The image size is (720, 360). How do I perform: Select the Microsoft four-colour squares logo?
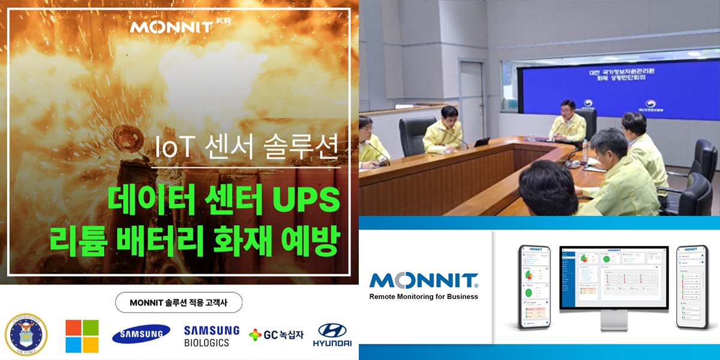(82, 336)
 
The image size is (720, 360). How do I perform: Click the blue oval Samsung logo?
(141, 334)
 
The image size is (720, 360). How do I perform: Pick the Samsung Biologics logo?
(211, 336)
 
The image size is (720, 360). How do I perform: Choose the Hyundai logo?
(332, 335)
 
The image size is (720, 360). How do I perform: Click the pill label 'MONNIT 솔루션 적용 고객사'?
(178, 302)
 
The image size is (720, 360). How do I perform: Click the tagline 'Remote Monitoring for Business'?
(424, 296)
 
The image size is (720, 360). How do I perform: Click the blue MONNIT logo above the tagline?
(424, 280)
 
